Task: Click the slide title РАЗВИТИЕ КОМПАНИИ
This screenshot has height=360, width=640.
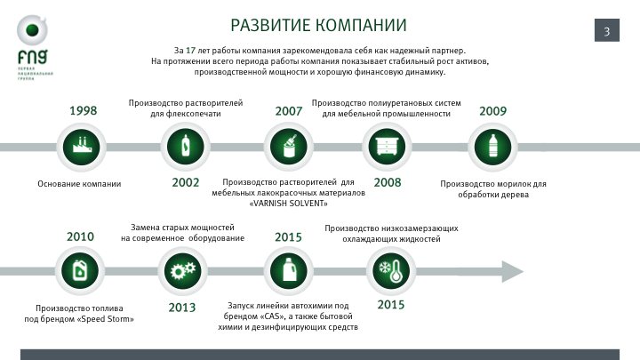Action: [318, 25]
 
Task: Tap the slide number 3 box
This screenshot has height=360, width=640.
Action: [606, 32]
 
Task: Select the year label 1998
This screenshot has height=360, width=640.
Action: [83, 111]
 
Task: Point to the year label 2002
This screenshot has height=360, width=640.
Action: [185, 182]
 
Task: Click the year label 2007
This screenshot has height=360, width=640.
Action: [288, 111]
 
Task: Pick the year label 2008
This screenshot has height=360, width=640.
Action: [388, 182]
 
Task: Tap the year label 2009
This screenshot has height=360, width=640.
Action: [492, 111]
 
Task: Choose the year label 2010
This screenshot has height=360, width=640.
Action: [80, 236]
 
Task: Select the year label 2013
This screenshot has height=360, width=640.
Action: [182, 308]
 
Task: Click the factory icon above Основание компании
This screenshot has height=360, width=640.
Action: [83, 146]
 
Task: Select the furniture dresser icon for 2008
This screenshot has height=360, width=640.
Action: [388, 146]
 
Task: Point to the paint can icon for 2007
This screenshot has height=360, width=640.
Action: [289, 146]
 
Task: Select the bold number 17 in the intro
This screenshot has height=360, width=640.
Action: [190, 50]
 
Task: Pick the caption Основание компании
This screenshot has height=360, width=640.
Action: [79, 184]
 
